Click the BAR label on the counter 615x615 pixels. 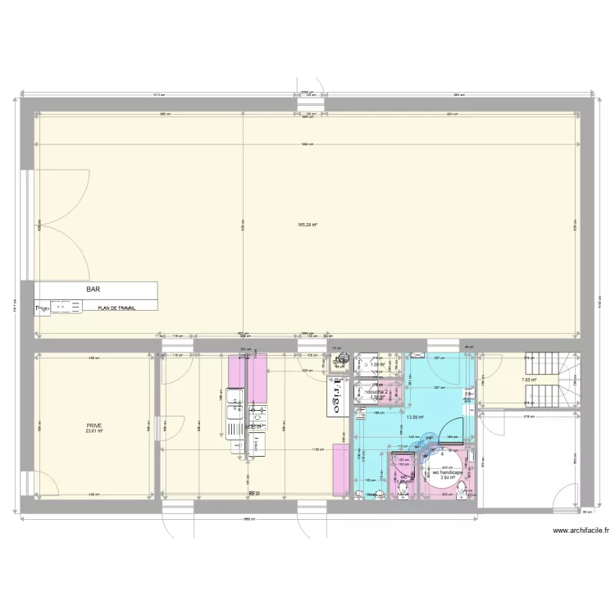tap(95, 289)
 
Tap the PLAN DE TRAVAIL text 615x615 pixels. tap(116, 308)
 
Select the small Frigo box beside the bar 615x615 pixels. tap(42, 308)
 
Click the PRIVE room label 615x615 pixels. tap(95, 426)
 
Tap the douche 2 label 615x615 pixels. tap(378, 392)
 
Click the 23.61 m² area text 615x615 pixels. tap(93, 432)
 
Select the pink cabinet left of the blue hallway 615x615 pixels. tap(338, 470)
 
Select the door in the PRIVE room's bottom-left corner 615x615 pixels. tap(47, 484)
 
